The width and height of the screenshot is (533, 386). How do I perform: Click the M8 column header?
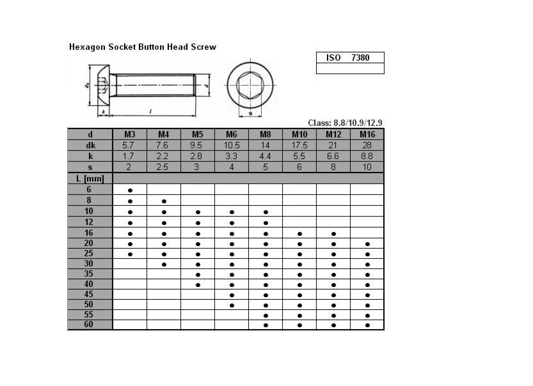pos(266,134)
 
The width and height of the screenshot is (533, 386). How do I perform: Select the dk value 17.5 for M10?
pos(299,145)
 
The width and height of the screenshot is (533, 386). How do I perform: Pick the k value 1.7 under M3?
pos(130,156)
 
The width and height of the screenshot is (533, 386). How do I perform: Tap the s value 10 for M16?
pos(367,167)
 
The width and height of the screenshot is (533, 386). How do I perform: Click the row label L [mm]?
pos(90,178)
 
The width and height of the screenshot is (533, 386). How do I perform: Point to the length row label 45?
pos(90,294)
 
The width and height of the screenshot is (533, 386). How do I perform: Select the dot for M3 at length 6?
pos(130,190)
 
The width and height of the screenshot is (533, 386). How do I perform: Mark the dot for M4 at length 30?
pos(164,264)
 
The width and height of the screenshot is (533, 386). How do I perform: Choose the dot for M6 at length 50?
pos(232,305)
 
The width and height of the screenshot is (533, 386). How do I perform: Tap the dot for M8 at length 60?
pos(266,325)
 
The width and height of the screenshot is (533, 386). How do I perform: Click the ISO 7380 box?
pos(350,58)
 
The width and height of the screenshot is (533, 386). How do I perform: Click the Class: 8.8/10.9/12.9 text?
pos(345,123)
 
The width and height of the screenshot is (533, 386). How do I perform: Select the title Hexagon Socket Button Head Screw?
pos(142,47)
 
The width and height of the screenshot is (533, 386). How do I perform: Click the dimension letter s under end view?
pos(250,113)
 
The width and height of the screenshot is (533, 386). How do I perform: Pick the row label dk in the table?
pos(90,145)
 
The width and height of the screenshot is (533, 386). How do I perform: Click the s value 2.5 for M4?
pos(164,167)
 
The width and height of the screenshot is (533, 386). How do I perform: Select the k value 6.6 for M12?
pos(333,156)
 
